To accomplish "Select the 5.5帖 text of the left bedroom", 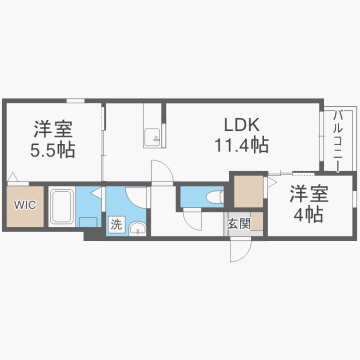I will click(49, 150).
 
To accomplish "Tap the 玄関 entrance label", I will click(238, 223).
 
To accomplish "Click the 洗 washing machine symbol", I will click(118, 225).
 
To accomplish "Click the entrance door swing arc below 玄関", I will click(239, 250).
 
